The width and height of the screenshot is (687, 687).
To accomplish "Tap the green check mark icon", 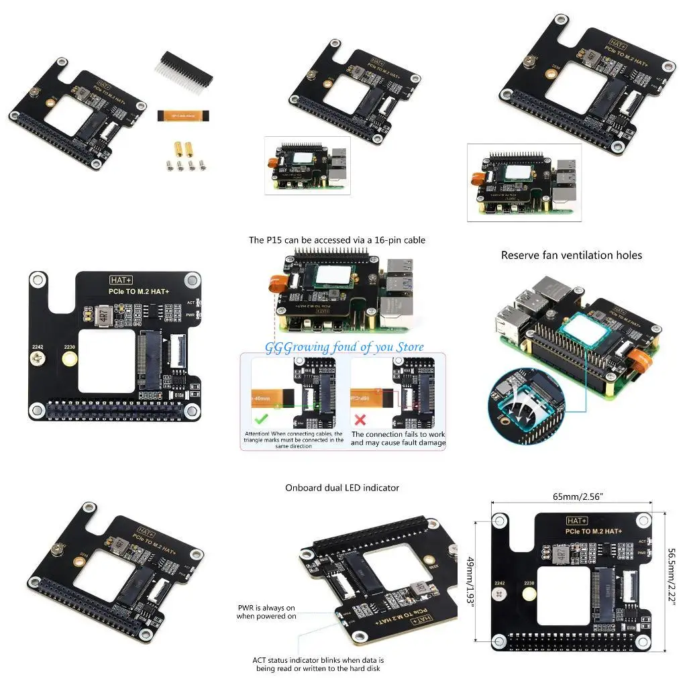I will (x=258, y=420).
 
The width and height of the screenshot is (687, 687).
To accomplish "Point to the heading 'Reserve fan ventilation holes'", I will (x=572, y=255).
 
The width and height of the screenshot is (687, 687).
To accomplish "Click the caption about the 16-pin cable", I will (x=337, y=240).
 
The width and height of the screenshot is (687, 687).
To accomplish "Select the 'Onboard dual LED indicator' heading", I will (x=341, y=488).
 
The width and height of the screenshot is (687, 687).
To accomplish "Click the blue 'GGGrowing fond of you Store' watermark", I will (x=344, y=347).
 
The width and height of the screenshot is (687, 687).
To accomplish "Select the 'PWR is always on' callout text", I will (x=266, y=612).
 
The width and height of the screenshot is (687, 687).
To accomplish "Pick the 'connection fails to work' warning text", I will (x=398, y=439).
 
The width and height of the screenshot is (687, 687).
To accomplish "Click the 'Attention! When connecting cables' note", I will (x=293, y=439).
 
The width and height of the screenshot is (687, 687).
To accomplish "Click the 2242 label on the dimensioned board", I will (x=498, y=583).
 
